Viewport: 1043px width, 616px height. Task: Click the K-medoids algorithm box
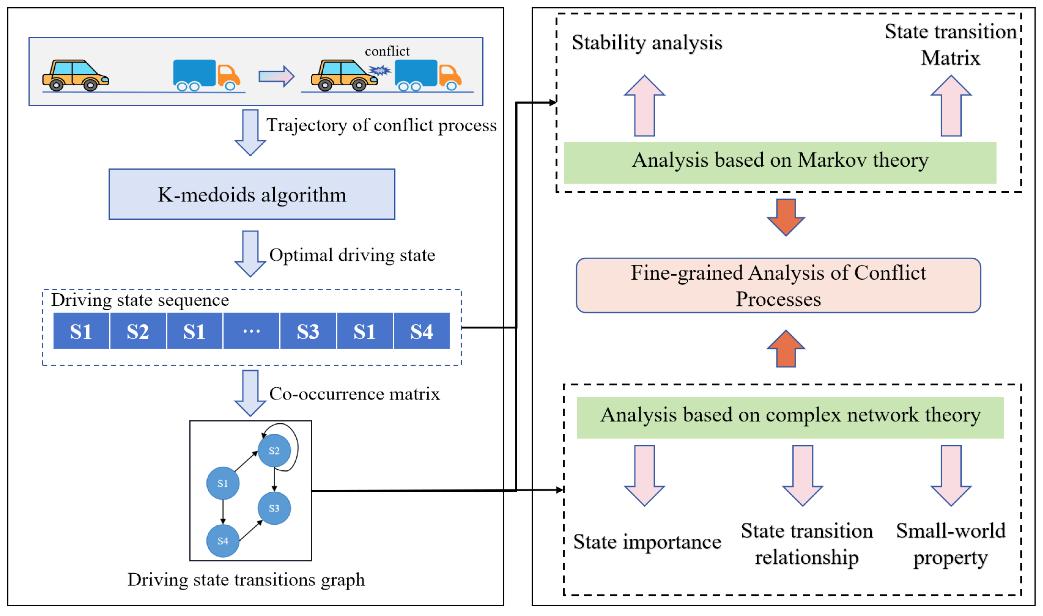(252, 194)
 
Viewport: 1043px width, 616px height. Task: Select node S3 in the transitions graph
(274, 508)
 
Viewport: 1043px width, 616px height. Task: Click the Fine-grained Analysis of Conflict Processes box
(778, 286)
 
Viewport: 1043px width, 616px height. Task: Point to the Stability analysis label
(647, 42)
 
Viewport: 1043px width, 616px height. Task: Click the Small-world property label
(951, 544)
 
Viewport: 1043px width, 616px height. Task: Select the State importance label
(647, 542)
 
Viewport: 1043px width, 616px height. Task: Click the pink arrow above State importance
(645, 475)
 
